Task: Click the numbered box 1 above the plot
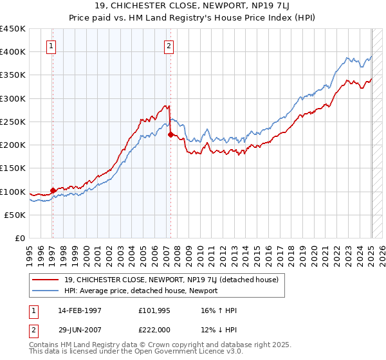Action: point(51,46)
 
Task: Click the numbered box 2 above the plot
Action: point(169,46)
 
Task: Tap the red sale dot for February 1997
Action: point(53,190)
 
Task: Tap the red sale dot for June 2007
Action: point(170,134)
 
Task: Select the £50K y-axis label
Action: point(15,215)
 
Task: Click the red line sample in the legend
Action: point(46,280)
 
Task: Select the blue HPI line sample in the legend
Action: point(46,291)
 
